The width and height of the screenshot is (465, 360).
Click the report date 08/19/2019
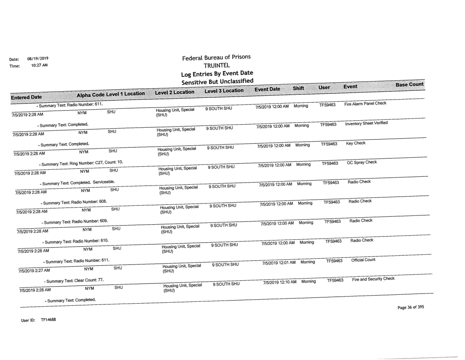pos(37,58)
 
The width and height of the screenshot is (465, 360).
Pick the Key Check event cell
pos(354,144)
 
